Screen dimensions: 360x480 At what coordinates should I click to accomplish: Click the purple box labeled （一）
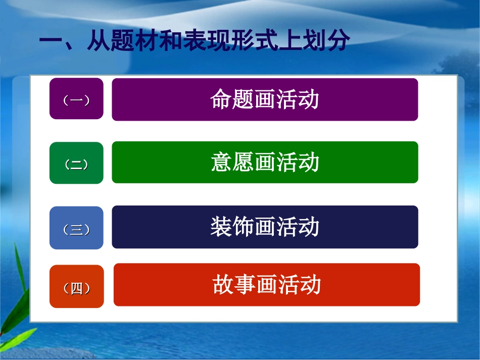pyautogui.click(x=76, y=99)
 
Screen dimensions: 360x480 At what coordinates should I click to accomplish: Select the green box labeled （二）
pyautogui.click(x=76, y=163)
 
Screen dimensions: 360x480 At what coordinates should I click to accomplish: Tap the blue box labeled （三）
pyautogui.click(x=76, y=228)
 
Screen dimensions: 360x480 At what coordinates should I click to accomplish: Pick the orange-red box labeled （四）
pyautogui.click(x=76, y=287)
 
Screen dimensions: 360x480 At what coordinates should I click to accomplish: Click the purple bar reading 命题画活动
pyautogui.click(x=265, y=99)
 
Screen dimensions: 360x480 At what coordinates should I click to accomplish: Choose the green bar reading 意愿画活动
pyautogui.click(x=265, y=163)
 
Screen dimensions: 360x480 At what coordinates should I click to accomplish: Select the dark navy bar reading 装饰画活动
pyautogui.click(x=265, y=227)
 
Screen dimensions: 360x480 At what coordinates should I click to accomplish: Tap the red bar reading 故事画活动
pyautogui.click(x=267, y=285)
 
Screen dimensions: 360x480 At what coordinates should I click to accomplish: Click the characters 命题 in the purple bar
pyautogui.click(x=232, y=99)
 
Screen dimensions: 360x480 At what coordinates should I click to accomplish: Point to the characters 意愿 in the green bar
pyautogui.click(x=232, y=163)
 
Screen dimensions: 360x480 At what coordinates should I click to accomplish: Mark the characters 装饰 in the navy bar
pyautogui.click(x=232, y=227)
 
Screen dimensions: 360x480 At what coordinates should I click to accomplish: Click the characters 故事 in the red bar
pyautogui.click(x=234, y=285)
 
